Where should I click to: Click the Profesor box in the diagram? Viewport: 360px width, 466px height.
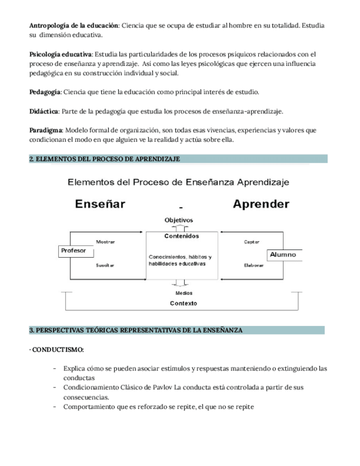74,251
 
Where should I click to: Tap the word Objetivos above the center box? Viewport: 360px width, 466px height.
179,220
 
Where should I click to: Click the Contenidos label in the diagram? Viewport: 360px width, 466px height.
181,236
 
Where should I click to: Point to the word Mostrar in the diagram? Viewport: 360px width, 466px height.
106,242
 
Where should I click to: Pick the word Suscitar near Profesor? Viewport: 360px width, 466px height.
106,265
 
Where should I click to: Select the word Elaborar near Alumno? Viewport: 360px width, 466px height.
253,265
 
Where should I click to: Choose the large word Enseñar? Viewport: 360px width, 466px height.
100,204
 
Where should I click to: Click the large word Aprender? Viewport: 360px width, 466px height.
261,204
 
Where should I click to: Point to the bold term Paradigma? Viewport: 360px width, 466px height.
46,130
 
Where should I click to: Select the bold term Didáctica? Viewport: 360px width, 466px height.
43,111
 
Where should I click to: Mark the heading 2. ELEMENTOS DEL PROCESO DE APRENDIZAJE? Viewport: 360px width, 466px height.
104,159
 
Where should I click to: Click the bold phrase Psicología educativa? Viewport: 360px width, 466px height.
60,54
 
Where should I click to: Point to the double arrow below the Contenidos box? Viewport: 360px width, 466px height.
180,283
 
